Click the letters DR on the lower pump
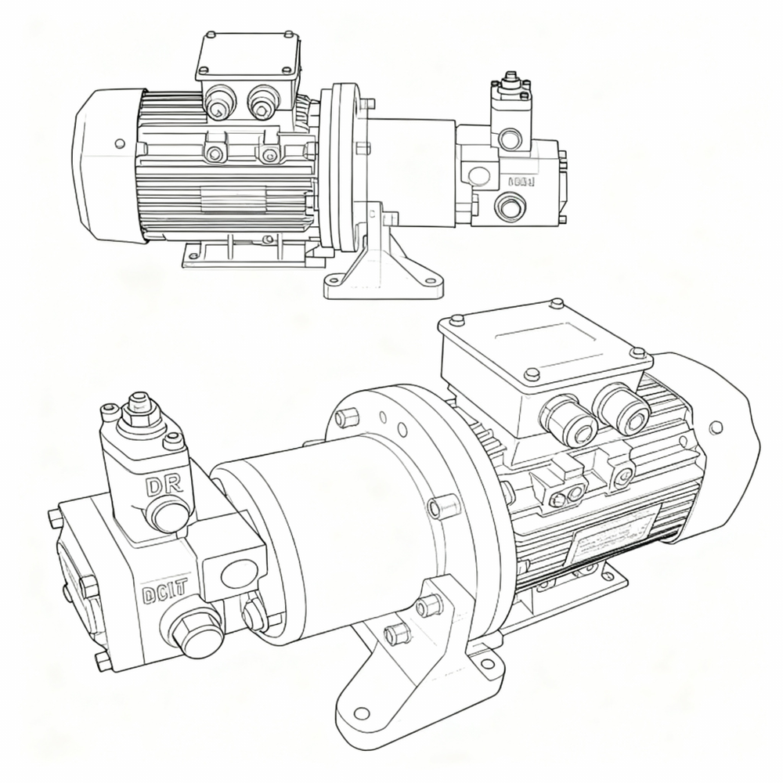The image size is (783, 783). click(164, 485)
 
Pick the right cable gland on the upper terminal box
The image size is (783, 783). click(261, 101)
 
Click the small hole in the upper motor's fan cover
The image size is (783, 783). click(119, 144)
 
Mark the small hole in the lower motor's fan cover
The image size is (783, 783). click(716, 428)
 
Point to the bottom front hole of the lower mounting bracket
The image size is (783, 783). click(361, 713)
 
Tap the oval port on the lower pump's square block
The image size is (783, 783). click(238, 573)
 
